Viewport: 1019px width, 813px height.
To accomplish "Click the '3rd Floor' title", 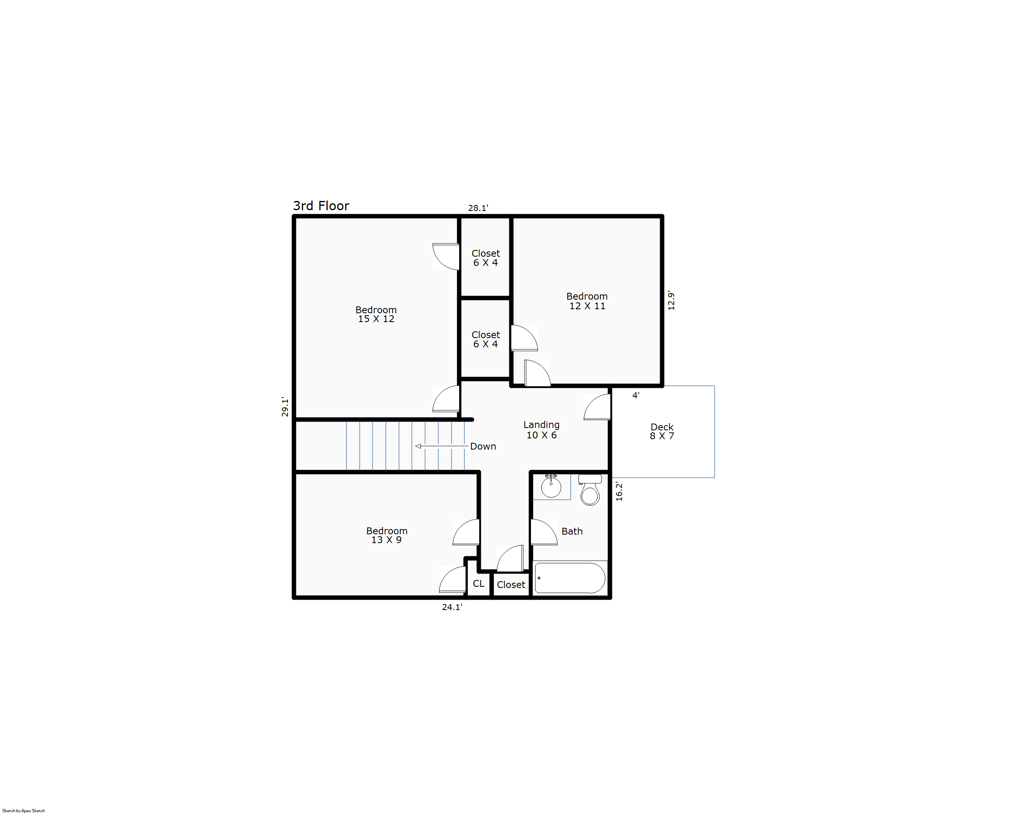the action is point(321,206).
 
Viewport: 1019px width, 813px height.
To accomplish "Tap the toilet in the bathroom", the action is point(590,490).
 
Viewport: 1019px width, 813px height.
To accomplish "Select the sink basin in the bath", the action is point(551,487).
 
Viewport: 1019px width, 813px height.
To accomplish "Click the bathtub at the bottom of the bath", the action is point(570,578).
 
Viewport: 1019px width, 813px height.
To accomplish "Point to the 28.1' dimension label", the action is point(478,208).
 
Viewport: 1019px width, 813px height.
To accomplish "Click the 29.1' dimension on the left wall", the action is point(285,407).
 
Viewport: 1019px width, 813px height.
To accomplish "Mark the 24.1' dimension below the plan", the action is point(452,607).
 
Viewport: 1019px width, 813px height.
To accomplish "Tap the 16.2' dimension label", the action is point(619,491).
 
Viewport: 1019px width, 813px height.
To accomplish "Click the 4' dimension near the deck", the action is point(636,395).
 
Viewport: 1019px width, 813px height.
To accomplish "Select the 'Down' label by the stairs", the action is point(483,446).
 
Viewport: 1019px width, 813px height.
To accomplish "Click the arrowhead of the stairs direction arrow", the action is point(418,446).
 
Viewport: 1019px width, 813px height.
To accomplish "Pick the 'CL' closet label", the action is point(479,583).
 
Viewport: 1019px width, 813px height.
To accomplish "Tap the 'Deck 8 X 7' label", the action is point(662,431).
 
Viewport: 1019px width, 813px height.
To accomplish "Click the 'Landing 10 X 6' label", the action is point(542,430).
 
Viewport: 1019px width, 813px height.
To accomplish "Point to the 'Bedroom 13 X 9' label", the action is point(387,535).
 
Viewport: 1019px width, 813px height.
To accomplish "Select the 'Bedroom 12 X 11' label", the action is point(587,301).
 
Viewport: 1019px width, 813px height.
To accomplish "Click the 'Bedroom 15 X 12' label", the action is point(376,314).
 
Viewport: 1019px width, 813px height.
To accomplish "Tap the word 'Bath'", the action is point(572,531).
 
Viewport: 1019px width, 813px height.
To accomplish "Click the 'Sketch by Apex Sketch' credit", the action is point(24,811).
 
